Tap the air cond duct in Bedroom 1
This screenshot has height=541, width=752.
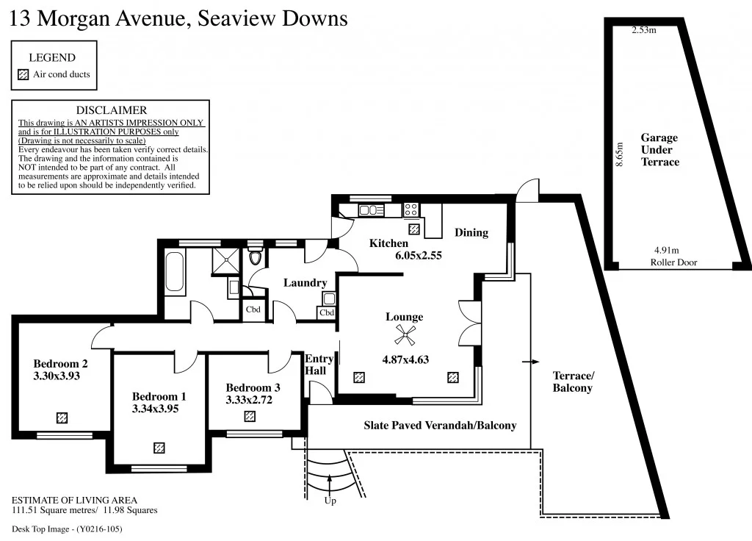(x=159, y=447)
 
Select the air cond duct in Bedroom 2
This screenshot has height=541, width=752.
(x=62, y=418)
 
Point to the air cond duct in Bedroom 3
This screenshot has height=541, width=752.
(x=250, y=416)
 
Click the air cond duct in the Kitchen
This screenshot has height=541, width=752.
(x=414, y=229)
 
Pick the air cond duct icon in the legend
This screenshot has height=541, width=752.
(x=23, y=74)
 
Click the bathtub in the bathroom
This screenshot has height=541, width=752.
(x=175, y=273)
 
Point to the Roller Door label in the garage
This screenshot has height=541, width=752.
(x=673, y=262)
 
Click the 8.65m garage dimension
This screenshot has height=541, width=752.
(x=620, y=155)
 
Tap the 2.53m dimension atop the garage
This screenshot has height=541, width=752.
(x=644, y=30)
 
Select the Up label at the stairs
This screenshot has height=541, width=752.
(x=330, y=501)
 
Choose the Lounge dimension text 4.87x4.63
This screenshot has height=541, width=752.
(x=405, y=359)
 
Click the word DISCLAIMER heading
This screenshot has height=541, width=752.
(x=112, y=110)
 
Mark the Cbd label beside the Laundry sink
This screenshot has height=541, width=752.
(x=327, y=313)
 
